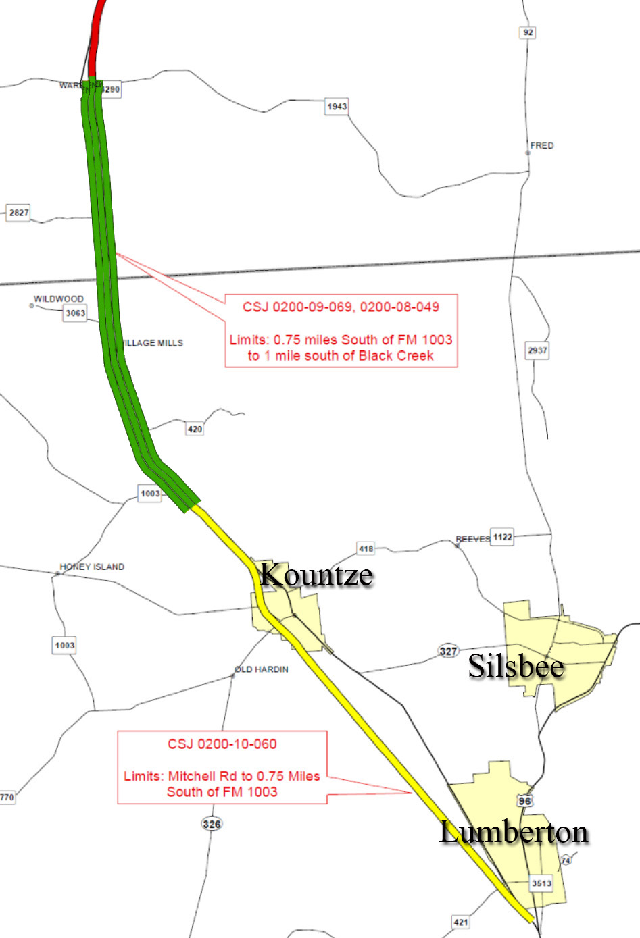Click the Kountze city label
(x=316, y=575)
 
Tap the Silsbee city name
(x=516, y=667)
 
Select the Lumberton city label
(x=514, y=832)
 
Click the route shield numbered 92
(x=528, y=32)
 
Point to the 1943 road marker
(x=337, y=106)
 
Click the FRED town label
(x=541, y=145)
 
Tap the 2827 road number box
(x=19, y=213)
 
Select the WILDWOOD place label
(x=59, y=298)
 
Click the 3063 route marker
(x=75, y=313)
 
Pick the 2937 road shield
(x=537, y=350)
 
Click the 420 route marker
(x=195, y=429)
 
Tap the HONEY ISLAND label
(x=92, y=567)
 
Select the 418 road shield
(x=366, y=548)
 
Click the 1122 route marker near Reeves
(x=502, y=537)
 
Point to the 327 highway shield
(x=448, y=651)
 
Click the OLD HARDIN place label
(x=262, y=669)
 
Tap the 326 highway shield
(x=212, y=824)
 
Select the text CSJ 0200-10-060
(x=222, y=744)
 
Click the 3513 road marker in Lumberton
(x=541, y=883)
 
